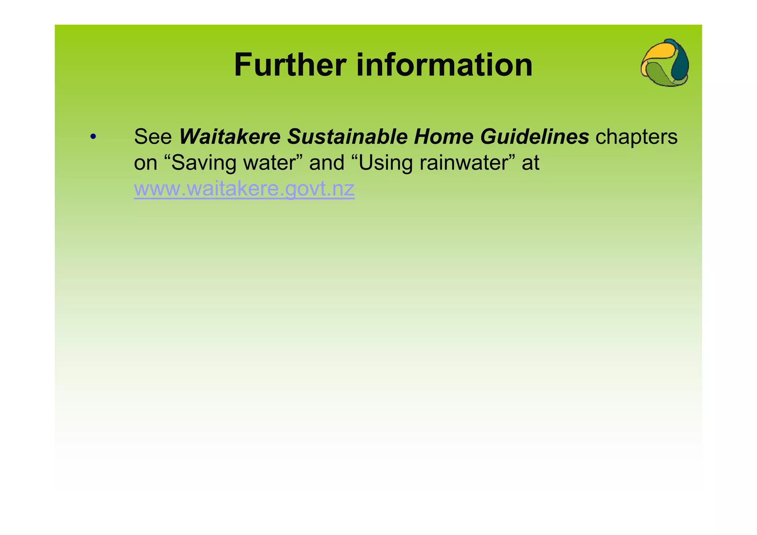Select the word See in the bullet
(153, 136)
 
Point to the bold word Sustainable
(347, 136)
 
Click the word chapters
(637, 137)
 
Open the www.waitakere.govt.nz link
(244, 189)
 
